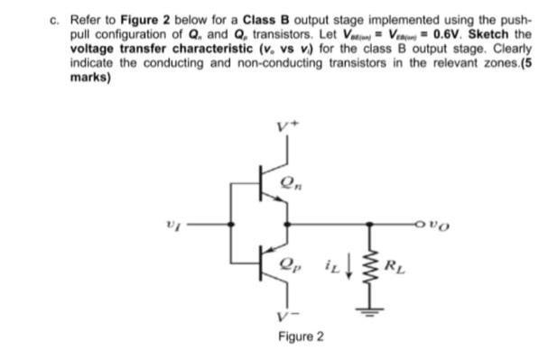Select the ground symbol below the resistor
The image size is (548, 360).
click(368, 312)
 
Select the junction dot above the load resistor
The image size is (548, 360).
click(368, 219)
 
